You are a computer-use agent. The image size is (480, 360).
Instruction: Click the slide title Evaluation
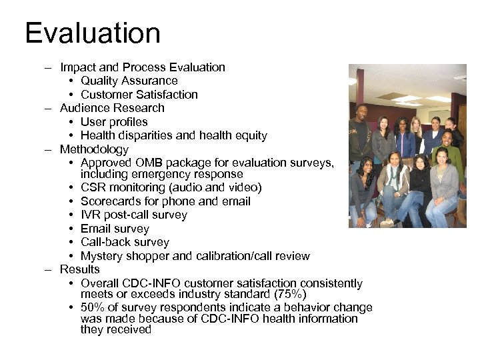(93, 33)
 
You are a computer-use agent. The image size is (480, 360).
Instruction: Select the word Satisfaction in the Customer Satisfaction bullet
(167, 95)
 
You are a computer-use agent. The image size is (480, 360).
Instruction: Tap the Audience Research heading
(112, 108)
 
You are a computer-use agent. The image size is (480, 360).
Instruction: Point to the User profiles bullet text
(114, 122)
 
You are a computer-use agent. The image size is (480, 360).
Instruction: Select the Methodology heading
(94, 149)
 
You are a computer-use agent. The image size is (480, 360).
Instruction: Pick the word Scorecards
(110, 201)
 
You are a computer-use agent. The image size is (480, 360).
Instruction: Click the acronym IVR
(91, 215)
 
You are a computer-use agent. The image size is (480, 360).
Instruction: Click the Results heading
(79, 269)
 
